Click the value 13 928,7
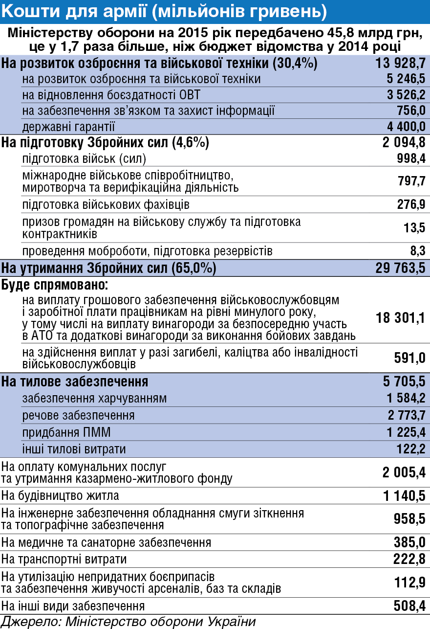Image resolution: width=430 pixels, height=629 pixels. pos(400,63)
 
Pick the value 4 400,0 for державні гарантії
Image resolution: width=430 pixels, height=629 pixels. pos(406,127)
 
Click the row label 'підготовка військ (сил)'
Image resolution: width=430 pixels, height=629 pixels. pos(84,158)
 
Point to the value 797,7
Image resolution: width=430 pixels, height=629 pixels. pos(411,181)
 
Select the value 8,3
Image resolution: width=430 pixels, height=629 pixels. pos(418,251)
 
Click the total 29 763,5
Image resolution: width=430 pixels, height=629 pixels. pos(400,268)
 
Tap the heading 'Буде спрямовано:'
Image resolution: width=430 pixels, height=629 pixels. pos(54,285)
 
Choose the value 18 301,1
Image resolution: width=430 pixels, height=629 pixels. pos(400,318)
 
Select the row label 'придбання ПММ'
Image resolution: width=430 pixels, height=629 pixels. pos(66,432)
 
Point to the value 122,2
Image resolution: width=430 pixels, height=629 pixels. pos(411,449)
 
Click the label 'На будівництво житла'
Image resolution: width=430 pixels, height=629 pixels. pos(60,496)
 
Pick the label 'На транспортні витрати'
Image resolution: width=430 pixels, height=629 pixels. pos(64,559)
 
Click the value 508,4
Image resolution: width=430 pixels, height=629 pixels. pos(409,606)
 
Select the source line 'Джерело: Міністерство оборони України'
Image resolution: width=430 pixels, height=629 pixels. pos(129,622)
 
